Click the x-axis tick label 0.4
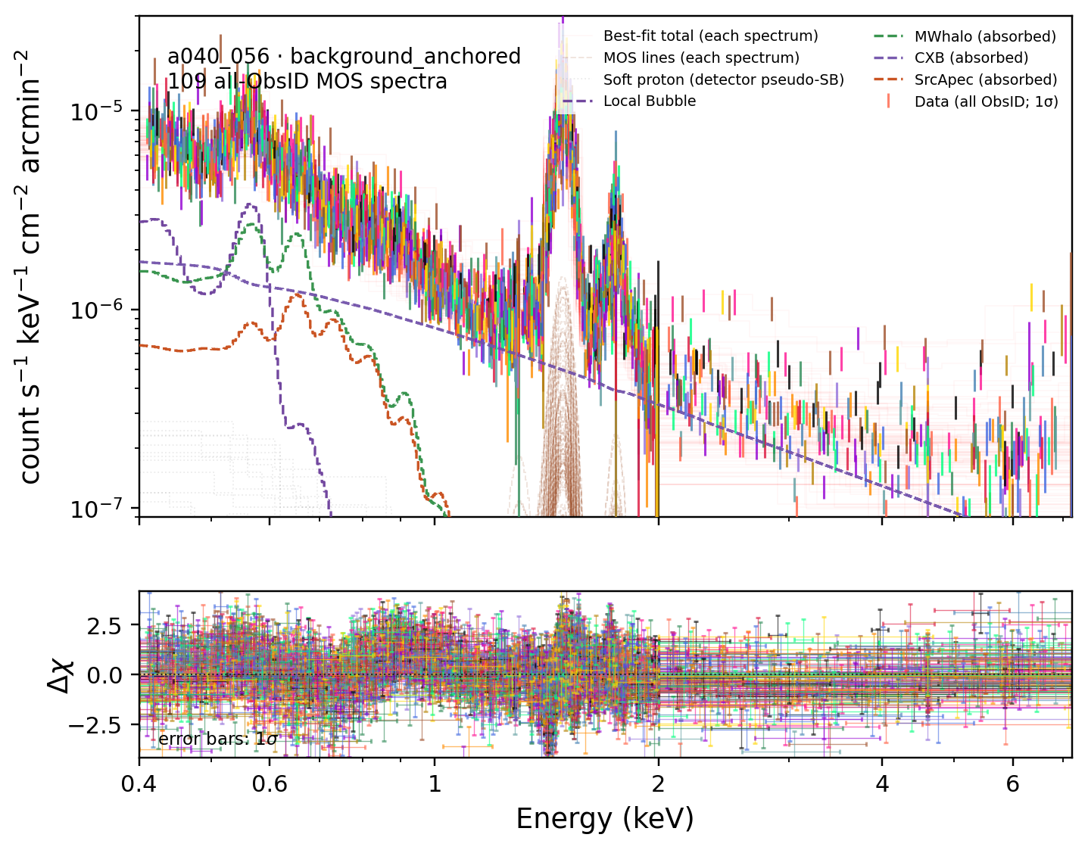tap(139, 783)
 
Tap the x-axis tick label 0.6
tap(270, 783)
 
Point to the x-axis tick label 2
tap(658, 783)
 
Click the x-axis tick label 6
tap(1013, 783)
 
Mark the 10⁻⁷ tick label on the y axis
tap(98, 509)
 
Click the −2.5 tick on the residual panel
tap(95, 725)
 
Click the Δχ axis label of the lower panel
tap(61, 675)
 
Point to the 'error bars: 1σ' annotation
tap(218, 739)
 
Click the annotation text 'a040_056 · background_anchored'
tap(344, 57)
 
